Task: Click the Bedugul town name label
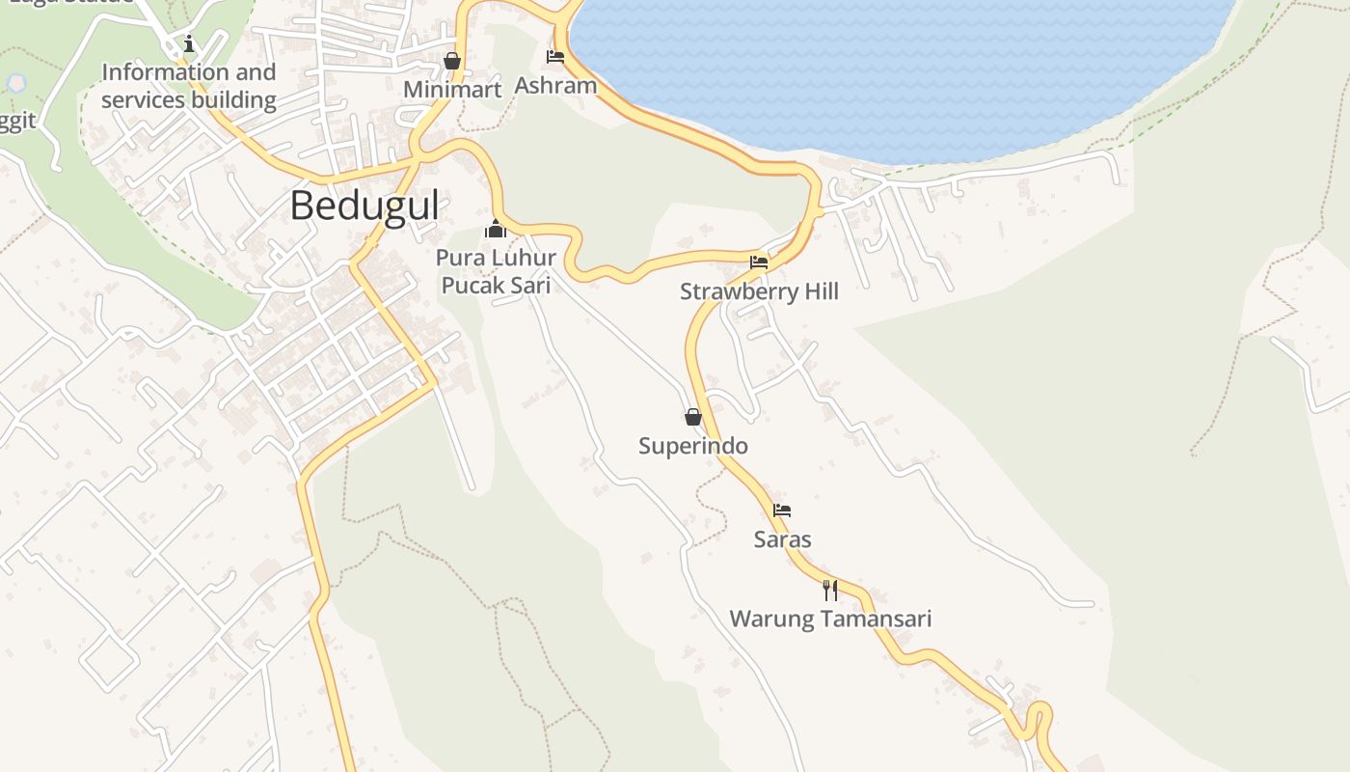[364, 206]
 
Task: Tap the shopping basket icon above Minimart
[451, 61]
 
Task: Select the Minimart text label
[452, 90]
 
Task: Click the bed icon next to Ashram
[554, 57]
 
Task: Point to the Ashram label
[555, 85]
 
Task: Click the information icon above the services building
[189, 43]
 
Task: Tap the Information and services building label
[189, 86]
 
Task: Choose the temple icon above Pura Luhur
[496, 230]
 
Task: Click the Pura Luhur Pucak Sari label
[496, 271]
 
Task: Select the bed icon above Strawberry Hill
[759, 262]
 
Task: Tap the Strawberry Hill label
[759, 291]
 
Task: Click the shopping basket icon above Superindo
[692, 417]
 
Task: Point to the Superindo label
[693, 446]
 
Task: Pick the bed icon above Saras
[782, 510]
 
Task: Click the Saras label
[782, 539]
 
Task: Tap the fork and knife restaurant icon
[830, 590]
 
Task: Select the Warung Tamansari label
[830, 619]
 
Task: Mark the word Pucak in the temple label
[473, 285]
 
